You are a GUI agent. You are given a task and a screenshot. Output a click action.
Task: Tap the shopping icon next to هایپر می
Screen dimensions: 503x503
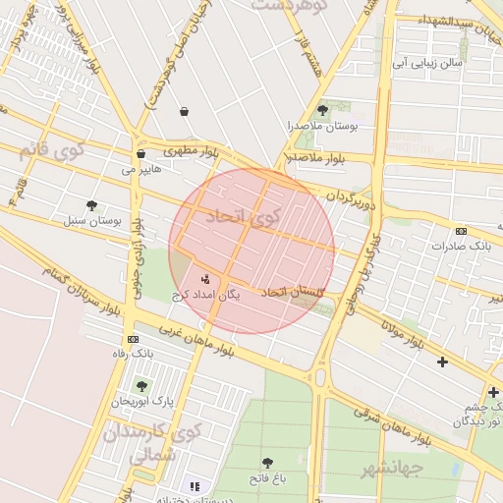coord(141,153)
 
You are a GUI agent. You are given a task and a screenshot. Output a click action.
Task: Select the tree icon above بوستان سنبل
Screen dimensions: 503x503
coord(91,205)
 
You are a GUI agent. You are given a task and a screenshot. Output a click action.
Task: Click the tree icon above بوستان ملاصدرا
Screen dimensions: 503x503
coord(323,110)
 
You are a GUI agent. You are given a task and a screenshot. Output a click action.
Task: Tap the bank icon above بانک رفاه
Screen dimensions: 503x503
coord(134,338)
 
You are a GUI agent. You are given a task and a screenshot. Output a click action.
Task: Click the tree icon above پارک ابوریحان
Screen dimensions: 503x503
coord(141,386)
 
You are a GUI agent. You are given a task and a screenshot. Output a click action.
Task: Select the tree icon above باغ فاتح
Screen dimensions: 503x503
coord(266,462)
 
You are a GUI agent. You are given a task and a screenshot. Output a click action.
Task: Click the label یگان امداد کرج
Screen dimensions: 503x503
coord(205,294)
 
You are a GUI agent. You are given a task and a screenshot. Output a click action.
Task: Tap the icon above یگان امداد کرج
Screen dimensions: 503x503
coord(205,278)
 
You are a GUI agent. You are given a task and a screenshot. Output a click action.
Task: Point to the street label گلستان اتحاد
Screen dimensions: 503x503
coord(292,292)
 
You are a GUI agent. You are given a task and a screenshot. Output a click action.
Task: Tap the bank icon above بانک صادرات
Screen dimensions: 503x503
coord(461,231)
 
